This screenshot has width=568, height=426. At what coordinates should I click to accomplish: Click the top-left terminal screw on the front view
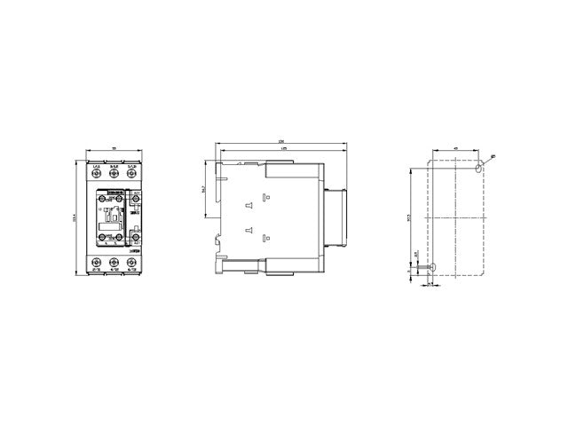96,174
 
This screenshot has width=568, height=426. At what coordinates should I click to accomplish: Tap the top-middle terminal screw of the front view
114,174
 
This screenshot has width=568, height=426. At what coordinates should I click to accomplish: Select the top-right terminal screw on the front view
131,174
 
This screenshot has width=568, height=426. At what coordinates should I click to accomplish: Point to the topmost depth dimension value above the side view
280,142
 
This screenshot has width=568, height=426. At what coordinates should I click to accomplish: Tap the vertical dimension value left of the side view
203,188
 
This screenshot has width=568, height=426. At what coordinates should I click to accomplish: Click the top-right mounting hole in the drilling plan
480,167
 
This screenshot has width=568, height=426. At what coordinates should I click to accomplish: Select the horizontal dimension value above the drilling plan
454,148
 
